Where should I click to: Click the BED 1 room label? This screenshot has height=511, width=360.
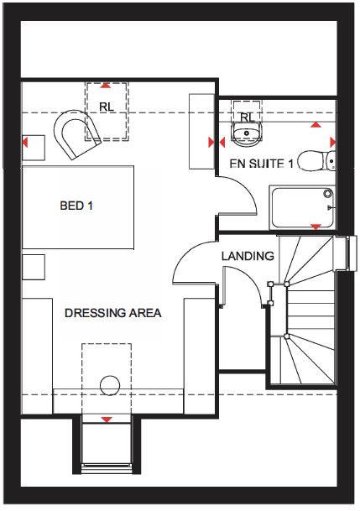(x=76, y=206)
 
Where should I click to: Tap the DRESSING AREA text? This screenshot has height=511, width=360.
(x=113, y=313)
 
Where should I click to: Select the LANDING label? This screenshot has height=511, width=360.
(x=248, y=256)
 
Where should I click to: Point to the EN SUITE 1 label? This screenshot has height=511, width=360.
(x=262, y=163)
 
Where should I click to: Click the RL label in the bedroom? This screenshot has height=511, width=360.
(x=107, y=107)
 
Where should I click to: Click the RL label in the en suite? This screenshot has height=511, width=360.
(x=247, y=117)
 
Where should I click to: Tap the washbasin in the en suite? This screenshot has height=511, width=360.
(x=247, y=133)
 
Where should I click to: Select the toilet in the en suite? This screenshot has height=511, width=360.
(x=316, y=160)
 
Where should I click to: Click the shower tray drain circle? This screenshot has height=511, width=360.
(x=328, y=194)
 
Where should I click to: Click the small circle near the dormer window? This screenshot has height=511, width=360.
(x=110, y=385)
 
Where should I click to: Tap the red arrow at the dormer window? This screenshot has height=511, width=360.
(x=107, y=420)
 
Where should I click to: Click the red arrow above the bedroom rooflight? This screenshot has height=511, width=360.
(x=105, y=86)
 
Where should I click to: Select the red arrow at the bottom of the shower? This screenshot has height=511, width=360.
(x=316, y=227)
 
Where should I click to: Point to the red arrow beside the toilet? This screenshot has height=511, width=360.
(x=332, y=142)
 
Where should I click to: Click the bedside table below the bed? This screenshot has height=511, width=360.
(x=34, y=267)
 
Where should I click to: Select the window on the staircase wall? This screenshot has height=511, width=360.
(x=352, y=253)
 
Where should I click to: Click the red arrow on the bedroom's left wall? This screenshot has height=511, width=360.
(x=25, y=143)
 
